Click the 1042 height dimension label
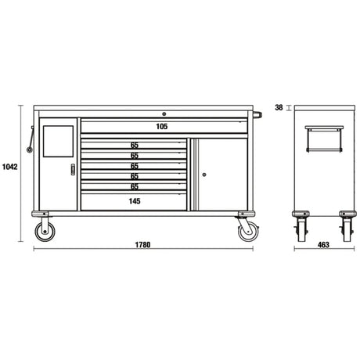(9, 167)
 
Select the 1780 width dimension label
(142, 245)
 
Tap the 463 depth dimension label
(323, 245)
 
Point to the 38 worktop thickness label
(279, 107)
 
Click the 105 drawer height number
(162, 127)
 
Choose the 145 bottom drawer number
(135, 201)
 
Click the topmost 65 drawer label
(135, 145)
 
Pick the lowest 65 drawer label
(135, 186)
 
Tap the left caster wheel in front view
(45, 232)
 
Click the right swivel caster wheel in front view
(248, 231)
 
